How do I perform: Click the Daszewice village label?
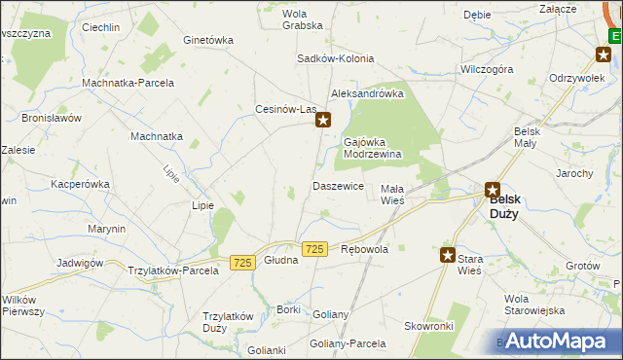[x=338, y=185]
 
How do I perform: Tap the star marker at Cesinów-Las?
[x=325, y=122]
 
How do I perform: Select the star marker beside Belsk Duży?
[x=493, y=191]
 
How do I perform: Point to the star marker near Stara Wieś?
[x=448, y=256]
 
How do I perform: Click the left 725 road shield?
[x=243, y=263]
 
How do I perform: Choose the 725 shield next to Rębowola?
[x=313, y=250]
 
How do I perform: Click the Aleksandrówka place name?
[x=367, y=93]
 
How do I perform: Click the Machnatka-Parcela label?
[x=128, y=83]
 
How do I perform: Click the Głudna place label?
[x=281, y=273]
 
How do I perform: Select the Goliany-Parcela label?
[x=348, y=344]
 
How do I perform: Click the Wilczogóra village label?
[x=487, y=70]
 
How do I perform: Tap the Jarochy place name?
[x=574, y=173]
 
